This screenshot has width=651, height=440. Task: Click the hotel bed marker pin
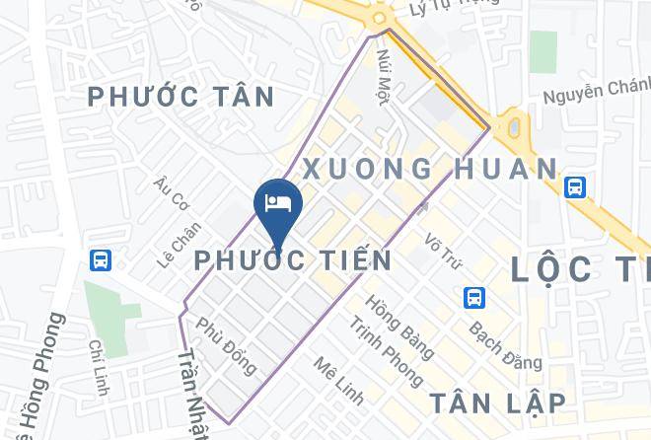coord(278,204)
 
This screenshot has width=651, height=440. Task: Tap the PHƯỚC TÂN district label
coord(181,97)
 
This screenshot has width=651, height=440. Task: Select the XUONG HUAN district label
coord(430,168)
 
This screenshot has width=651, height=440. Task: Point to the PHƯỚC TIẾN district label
coord(293,260)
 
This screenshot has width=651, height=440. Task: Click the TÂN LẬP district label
coord(497,403)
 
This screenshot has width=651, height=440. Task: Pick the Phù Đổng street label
coord(227,344)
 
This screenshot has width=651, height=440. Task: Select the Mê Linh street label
coord(338,381)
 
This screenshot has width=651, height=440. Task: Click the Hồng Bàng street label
coord(399,327)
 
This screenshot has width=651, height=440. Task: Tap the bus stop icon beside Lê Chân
coord(101,260)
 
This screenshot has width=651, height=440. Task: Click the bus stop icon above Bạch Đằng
coord(475,297)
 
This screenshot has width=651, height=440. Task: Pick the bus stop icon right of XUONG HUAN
coord(575,185)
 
